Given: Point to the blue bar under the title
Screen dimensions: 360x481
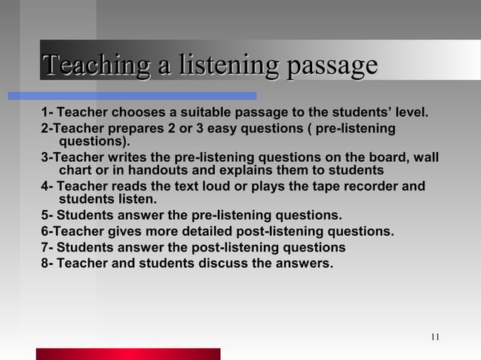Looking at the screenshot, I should (132, 96).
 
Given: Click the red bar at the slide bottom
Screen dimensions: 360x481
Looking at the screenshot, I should (128, 354).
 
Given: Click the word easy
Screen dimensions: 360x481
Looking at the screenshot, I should (235, 128).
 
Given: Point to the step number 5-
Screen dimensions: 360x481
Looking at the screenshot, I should (47, 216).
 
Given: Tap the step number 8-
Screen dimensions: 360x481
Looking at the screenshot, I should (47, 264).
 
